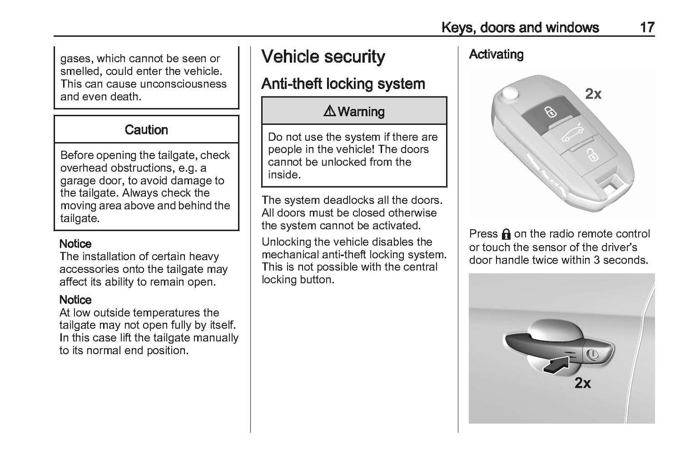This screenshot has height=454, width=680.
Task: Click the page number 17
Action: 647,27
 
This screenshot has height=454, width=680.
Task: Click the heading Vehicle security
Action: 323,57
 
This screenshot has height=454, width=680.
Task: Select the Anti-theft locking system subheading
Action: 343,84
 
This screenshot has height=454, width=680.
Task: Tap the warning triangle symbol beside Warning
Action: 329,112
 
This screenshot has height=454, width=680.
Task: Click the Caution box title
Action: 146,130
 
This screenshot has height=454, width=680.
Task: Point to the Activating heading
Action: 496,55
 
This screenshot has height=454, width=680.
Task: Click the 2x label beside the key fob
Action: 593,94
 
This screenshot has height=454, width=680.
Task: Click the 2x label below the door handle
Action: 583,383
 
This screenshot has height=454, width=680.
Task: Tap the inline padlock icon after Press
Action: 506,234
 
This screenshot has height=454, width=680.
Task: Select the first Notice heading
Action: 75,244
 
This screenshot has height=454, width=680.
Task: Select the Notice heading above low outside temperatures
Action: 75,300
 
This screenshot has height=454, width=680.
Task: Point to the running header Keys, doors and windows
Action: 520,27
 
